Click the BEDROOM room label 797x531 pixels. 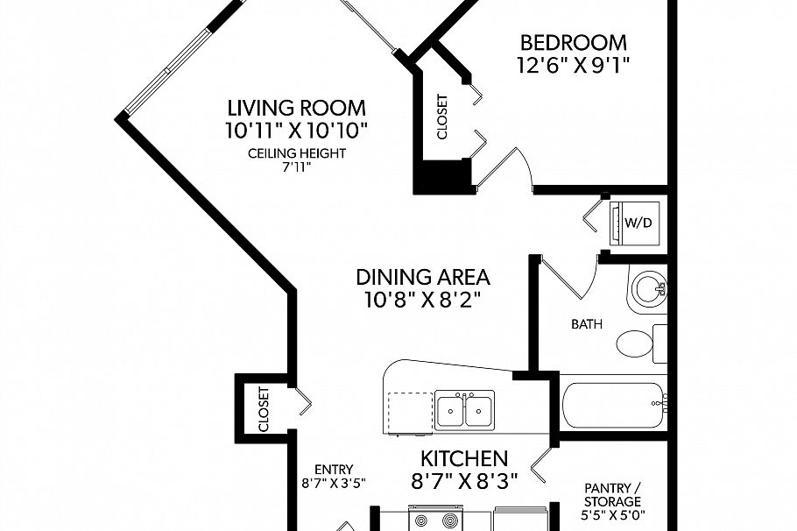(574, 43)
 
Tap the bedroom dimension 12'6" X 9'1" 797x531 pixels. (574, 65)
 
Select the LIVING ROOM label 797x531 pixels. (296, 109)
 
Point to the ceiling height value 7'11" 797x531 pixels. (296, 167)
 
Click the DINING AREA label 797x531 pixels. (423, 277)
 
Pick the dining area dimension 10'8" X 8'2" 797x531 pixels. (423, 300)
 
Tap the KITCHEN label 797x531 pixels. (464, 459)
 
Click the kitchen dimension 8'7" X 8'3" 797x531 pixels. (464, 481)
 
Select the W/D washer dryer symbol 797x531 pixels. (635, 223)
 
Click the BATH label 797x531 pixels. (587, 324)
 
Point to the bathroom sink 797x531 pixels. (647, 288)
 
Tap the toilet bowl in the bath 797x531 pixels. (635, 343)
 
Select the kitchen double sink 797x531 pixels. (464, 410)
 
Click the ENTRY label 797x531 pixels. (334, 470)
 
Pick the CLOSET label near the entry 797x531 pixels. (264, 409)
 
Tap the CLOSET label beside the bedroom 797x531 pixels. (442, 117)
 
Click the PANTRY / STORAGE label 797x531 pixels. (612, 494)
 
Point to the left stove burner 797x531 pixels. (422, 520)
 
